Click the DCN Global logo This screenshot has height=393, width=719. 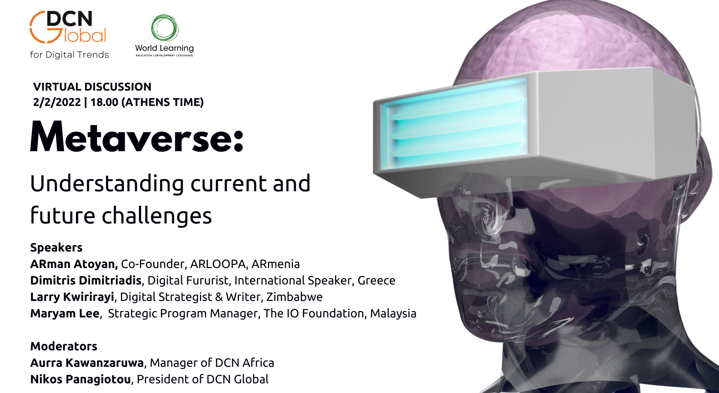click(x=68, y=27)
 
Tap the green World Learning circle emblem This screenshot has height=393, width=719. click(x=164, y=28)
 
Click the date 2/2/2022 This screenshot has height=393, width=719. click(x=57, y=102)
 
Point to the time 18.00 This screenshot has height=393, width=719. click(x=104, y=102)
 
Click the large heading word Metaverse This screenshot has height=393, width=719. click(x=137, y=137)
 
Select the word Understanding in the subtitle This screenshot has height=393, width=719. click(x=107, y=184)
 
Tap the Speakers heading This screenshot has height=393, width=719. click(x=56, y=247)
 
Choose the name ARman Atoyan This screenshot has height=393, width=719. click(x=74, y=264)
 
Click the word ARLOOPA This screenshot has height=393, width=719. click(x=218, y=264)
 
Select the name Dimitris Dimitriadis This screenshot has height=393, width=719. click(x=86, y=281)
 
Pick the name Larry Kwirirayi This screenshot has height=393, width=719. click(x=72, y=297)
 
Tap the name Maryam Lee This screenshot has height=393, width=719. click(x=65, y=314)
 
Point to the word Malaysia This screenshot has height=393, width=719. click(x=393, y=314)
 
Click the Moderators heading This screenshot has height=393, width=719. click(x=64, y=346)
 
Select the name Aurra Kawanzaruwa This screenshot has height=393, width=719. click(x=87, y=363)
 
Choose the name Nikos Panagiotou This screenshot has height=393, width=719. click(x=81, y=380)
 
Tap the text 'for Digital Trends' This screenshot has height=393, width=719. click(x=69, y=55)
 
